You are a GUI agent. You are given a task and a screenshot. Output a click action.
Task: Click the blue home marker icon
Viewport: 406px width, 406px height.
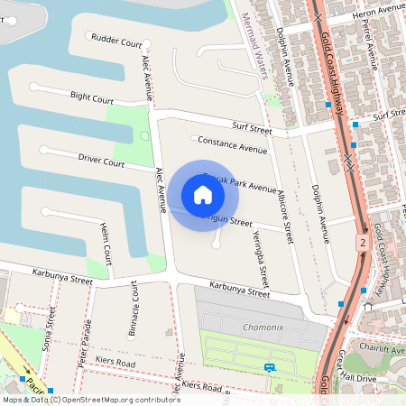[203, 195]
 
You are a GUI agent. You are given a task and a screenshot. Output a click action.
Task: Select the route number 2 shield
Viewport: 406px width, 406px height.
[362, 244]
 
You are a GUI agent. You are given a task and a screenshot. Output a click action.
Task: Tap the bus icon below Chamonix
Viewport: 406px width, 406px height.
[270, 367]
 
